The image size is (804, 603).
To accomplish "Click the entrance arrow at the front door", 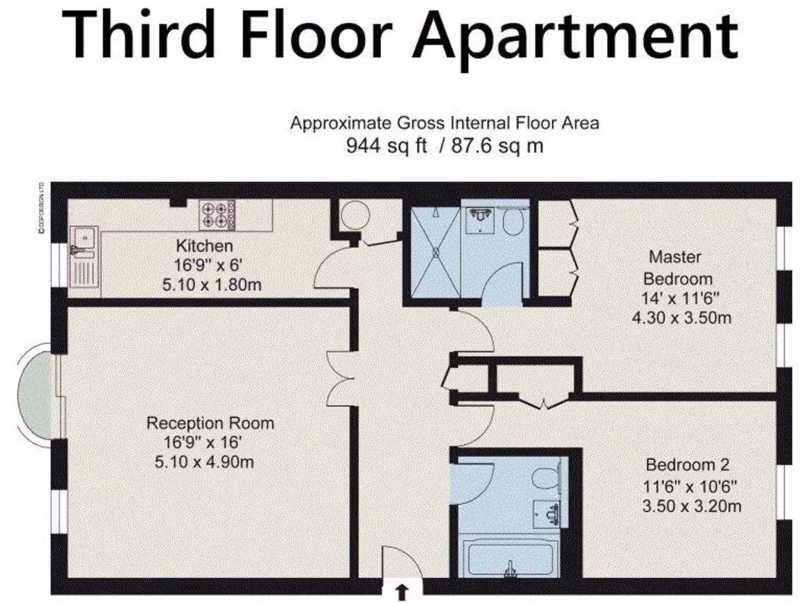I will (x=403, y=590).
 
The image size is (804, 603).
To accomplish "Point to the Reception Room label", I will (x=210, y=424).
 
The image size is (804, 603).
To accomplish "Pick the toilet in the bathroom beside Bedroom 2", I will (x=543, y=477).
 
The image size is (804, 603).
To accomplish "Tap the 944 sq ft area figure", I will (x=387, y=146).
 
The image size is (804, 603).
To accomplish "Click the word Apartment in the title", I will (x=576, y=35).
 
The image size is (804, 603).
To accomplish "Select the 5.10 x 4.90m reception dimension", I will (x=205, y=462).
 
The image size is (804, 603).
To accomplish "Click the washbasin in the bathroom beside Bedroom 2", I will (x=546, y=513).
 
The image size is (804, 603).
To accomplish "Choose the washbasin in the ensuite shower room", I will (x=479, y=220).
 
